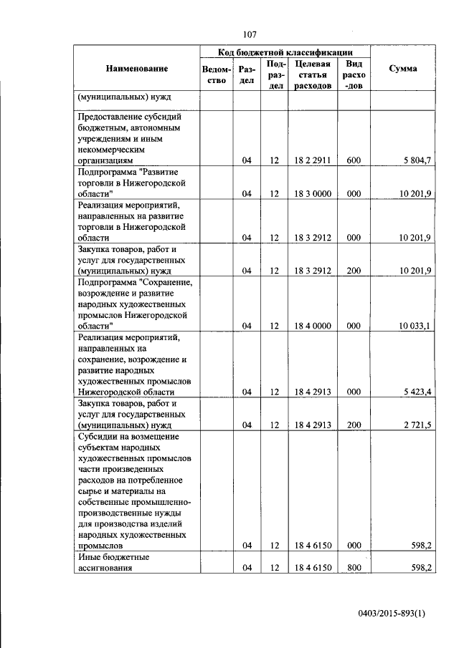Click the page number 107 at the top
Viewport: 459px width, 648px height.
click(x=250, y=34)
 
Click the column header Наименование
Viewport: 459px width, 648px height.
click(x=136, y=69)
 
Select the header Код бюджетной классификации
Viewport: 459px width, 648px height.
click(x=285, y=52)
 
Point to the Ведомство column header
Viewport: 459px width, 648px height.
click(x=217, y=74)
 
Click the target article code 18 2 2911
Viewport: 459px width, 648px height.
click(x=312, y=161)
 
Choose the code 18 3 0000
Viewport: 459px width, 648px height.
click(x=312, y=194)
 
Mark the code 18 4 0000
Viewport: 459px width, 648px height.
click(x=312, y=326)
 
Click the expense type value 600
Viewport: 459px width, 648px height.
click(x=354, y=161)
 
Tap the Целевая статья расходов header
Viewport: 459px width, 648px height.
click(x=312, y=74)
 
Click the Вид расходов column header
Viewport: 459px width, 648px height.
click(x=354, y=74)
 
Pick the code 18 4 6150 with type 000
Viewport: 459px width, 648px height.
click(x=312, y=546)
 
